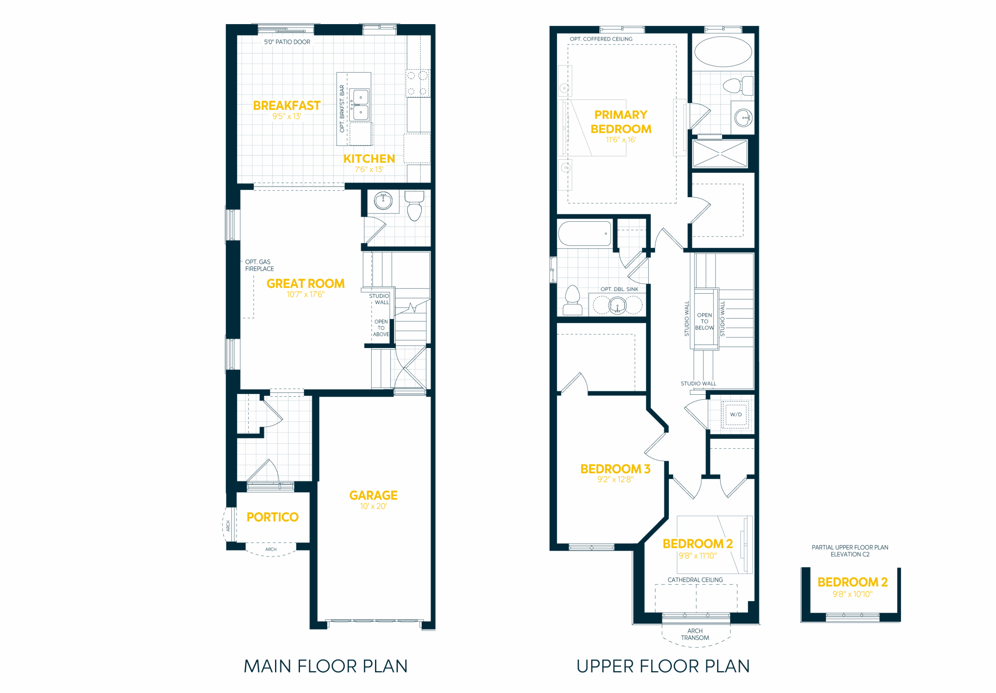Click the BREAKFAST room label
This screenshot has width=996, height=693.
pos(287,105)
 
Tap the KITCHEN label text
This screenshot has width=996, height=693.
pos(369,159)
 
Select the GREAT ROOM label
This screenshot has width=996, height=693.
pos(305,283)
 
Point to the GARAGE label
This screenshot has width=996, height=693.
pos(373,495)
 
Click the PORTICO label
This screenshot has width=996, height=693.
pos(272,517)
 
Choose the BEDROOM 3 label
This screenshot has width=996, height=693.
pos(615,469)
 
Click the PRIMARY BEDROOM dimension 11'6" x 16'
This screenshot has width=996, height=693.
pos(621,140)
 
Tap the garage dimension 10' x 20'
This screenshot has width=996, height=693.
pos(373,506)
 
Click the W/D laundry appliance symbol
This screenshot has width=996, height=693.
pos(735,415)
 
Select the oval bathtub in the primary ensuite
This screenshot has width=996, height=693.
pos(723,52)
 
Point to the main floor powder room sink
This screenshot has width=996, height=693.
pos(384,201)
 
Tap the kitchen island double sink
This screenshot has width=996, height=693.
pos(360,105)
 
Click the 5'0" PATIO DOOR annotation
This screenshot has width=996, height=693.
pos(287,42)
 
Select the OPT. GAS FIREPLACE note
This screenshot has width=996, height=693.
pos(260,265)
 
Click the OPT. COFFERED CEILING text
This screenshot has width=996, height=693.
pos(601,39)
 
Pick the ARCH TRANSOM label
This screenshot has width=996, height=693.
pos(695,634)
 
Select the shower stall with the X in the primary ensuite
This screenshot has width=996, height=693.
pos(720,153)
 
